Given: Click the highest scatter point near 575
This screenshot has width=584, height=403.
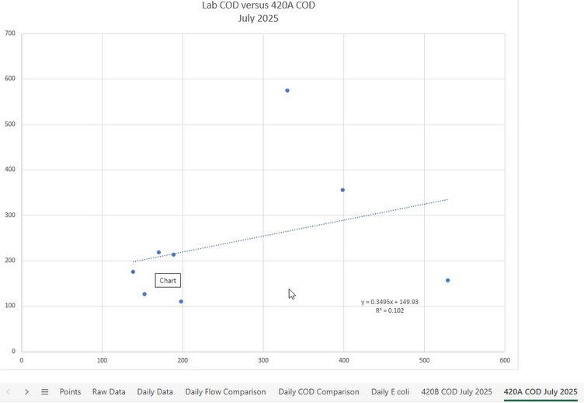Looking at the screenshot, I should click(287, 90).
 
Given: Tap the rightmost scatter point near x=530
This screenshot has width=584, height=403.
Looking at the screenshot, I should click(448, 280).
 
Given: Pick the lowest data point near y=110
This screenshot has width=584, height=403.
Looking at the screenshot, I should click(181, 301).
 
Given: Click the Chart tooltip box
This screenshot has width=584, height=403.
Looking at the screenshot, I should click(169, 280).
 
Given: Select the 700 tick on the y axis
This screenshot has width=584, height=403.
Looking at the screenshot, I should click(10, 33).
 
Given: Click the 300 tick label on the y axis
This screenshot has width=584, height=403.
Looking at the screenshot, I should click(10, 216).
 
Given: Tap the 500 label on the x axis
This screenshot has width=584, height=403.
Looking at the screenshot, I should click(424, 360).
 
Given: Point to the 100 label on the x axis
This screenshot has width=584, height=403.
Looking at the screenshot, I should click(102, 360).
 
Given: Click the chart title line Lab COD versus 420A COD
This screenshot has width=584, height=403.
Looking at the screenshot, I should click(258, 6).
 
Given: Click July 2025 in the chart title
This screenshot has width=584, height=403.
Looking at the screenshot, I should click(258, 18).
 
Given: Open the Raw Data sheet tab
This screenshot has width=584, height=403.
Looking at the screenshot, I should click(109, 391).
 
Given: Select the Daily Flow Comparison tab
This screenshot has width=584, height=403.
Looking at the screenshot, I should click(225, 391).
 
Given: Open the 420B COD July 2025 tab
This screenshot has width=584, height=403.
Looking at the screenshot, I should click(457, 391).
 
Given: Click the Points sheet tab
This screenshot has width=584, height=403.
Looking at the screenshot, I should click(70, 391).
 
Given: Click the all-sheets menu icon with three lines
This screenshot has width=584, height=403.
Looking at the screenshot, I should click(45, 391).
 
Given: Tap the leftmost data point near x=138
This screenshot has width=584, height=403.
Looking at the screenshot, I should click(133, 272).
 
